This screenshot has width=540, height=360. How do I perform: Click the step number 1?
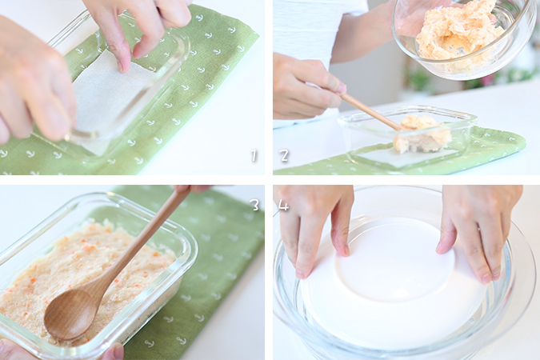(x=254, y=155)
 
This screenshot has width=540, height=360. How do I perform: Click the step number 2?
(x=284, y=155)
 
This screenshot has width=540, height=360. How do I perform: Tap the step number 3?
(x=255, y=205)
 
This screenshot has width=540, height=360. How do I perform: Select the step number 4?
(x=284, y=205)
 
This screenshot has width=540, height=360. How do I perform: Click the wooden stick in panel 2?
(x=370, y=111)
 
